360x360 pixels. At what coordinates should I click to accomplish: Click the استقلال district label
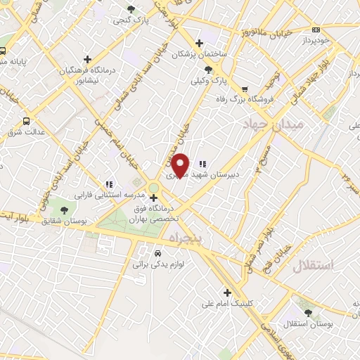(314, 265)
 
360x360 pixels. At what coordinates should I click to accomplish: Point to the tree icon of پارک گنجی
(131, 9)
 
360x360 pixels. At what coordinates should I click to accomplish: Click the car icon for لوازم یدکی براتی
(158, 252)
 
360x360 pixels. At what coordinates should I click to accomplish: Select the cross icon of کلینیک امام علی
(226, 292)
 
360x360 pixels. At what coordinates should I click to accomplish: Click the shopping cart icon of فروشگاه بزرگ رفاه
(245, 89)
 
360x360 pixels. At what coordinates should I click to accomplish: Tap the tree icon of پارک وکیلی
(208, 69)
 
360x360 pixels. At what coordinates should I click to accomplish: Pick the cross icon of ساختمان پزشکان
(200, 43)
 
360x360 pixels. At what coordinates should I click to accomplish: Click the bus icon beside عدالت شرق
(27, 120)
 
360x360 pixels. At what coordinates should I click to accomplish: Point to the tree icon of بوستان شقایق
(64, 210)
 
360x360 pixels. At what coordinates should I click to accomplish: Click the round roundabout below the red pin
(154, 186)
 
